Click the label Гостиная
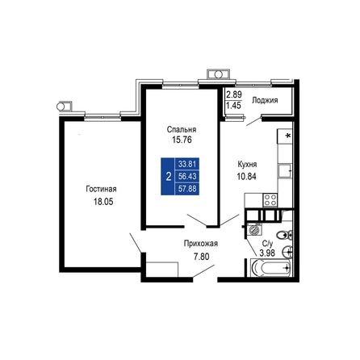coord(101,189)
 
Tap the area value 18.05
coord(103,202)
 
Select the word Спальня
coord(182,129)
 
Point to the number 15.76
coord(182,140)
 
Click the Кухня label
coord(247,164)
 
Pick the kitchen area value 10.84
coord(246,177)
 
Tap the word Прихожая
coord(201,244)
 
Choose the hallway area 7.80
coord(202,257)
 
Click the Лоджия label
coord(265,101)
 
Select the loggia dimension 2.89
coord(234,94)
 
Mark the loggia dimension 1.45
coord(233,106)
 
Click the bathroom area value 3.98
coord(267,253)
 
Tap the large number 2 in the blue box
coord(169,177)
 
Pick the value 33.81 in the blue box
coord(187,164)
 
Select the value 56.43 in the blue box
coord(187,177)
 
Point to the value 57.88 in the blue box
coord(187,189)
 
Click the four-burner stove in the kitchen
coord(270,200)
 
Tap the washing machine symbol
coord(254,229)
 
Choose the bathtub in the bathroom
coord(270,268)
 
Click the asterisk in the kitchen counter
coord(288,136)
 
